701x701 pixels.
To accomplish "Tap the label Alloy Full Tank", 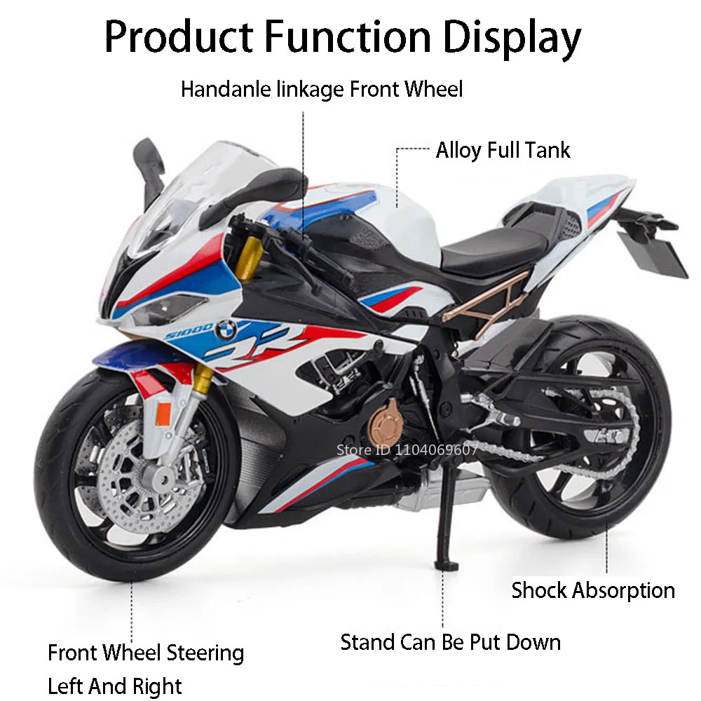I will click(x=503, y=150).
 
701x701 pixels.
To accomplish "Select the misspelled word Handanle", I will click(x=222, y=90).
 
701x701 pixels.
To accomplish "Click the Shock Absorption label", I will click(x=593, y=590).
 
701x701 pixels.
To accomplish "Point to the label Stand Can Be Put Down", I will click(x=450, y=641).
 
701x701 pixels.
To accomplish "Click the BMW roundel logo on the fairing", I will click(x=226, y=329).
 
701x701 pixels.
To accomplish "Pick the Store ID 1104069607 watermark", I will click(x=407, y=450).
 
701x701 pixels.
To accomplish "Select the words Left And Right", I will click(x=115, y=685).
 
